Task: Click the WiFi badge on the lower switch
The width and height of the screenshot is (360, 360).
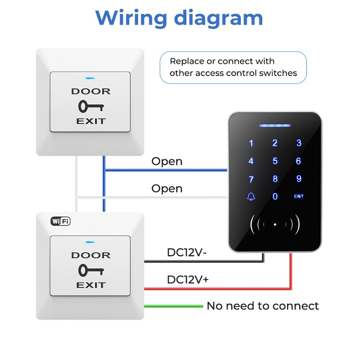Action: (x=60, y=221)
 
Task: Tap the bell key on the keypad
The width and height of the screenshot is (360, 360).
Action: (x=251, y=197)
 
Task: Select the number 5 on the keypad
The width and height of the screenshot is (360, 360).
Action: (x=275, y=161)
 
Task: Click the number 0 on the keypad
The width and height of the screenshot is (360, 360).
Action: (x=275, y=197)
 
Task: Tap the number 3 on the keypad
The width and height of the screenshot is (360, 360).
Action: (x=299, y=143)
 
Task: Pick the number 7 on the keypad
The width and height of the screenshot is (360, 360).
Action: (x=251, y=179)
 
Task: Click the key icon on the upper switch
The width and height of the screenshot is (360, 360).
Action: (x=90, y=106)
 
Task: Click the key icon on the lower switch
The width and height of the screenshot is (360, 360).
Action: (x=90, y=270)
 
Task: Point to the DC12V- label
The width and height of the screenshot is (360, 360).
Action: (x=187, y=252)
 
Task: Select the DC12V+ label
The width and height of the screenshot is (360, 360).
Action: (x=188, y=279)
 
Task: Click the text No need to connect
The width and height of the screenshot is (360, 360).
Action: (x=262, y=306)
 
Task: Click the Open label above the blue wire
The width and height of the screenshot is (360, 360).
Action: (x=166, y=161)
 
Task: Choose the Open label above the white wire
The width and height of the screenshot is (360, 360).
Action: (x=166, y=188)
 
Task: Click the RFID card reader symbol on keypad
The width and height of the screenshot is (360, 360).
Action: (x=275, y=223)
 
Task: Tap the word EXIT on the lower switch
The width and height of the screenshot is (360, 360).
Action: (x=90, y=285)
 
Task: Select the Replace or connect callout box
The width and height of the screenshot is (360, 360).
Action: (x=233, y=67)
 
